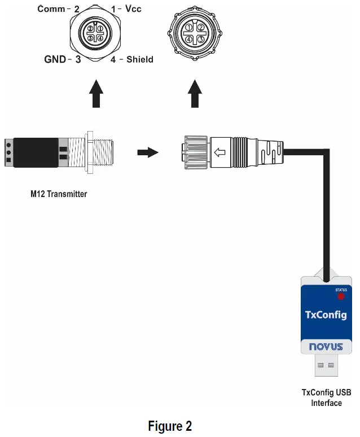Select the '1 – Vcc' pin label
click(x=126, y=10)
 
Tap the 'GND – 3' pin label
click(x=63, y=59)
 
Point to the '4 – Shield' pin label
click(x=131, y=59)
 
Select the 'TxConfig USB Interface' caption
click(x=326, y=397)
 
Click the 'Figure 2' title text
click(x=170, y=426)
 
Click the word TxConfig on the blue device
click(x=326, y=314)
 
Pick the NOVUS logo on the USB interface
click(x=326, y=347)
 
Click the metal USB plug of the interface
click(x=326, y=369)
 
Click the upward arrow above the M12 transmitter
click(x=96, y=93)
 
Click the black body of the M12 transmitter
click(x=34, y=152)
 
